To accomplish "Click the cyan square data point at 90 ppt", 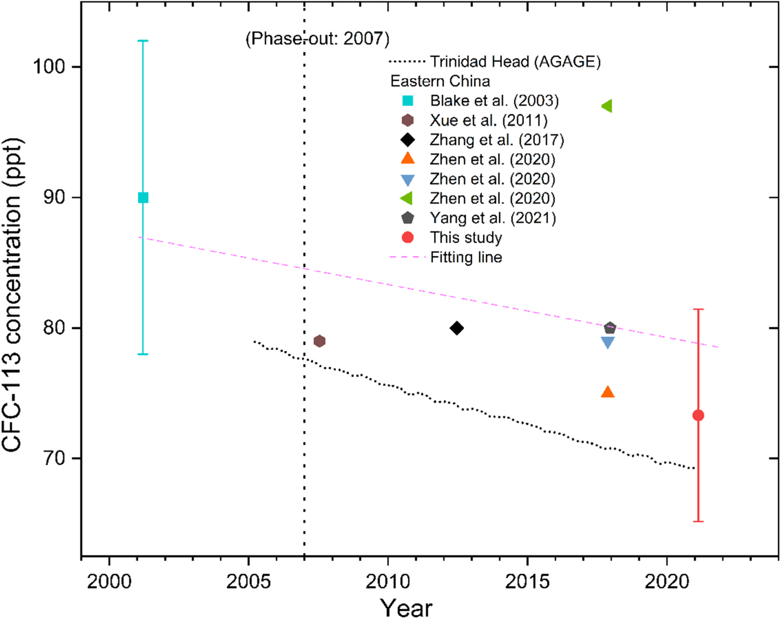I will click(x=143, y=197).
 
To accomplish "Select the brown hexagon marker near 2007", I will click(x=320, y=341).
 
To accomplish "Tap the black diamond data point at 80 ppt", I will click(x=457, y=328).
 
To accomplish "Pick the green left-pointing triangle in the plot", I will click(x=607, y=106).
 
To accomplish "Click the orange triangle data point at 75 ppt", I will click(x=608, y=392).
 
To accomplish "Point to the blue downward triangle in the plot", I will click(x=608, y=343).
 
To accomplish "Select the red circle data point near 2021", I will click(x=698, y=415).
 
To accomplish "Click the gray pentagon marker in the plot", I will click(x=610, y=328).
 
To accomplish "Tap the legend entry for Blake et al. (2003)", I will click(x=494, y=101).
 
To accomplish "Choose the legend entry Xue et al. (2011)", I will click(x=488, y=120).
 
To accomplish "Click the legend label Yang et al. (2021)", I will click(x=493, y=218).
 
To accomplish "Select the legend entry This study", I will click(x=465, y=238).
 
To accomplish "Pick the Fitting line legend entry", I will click(x=465, y=257).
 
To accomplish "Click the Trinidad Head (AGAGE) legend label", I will click(x=515, y=62).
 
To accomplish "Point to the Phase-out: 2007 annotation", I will click(x=317, y=39).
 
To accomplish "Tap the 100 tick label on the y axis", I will click(x=49, y=67).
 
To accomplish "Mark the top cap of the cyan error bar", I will click(x=143, y=41).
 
